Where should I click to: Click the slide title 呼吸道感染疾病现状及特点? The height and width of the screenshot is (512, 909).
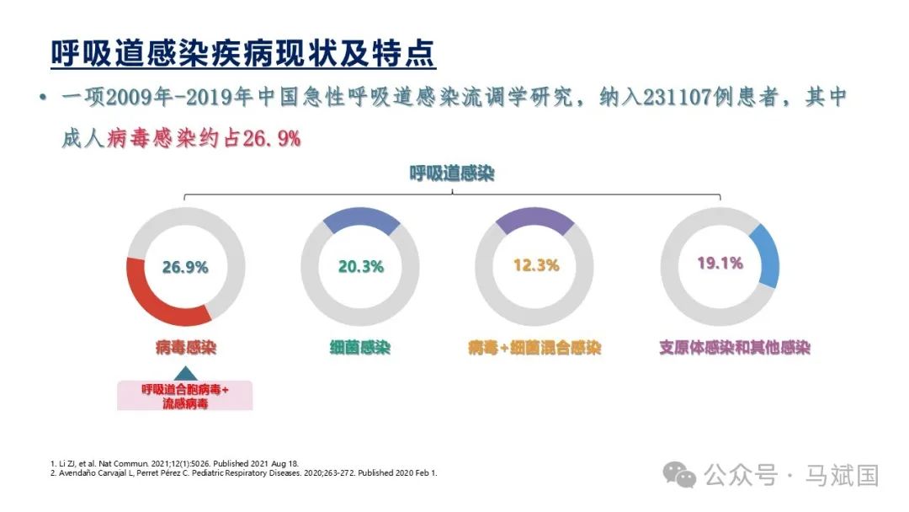243,53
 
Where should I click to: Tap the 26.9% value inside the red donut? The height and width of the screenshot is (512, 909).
185,267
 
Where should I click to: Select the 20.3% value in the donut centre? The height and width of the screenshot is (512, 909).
360,267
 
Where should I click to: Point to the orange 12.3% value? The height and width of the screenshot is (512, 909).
536,265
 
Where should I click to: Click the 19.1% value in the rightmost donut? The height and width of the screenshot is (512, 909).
720,263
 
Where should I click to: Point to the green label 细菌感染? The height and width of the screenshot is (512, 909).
360,347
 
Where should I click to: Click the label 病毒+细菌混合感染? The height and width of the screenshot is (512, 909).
535,347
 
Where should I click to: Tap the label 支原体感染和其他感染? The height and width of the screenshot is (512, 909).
734,347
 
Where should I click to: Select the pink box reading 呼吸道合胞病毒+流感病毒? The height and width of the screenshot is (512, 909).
185,396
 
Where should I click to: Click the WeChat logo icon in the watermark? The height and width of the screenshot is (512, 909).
679,475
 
